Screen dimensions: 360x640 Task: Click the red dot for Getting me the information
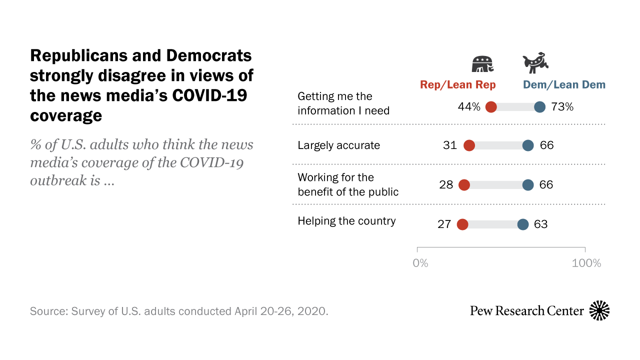(491, 106)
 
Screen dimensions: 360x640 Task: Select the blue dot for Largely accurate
(528, 145)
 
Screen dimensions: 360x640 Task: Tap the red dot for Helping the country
(462, 224)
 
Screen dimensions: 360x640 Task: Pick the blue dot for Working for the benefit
(528, 185)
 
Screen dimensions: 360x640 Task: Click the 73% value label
(562, 106)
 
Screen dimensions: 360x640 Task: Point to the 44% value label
(468, 106)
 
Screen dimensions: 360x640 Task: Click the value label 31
(450, 145)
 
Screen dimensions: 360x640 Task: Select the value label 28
(446, 185)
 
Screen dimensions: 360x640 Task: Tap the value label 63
(541, 224)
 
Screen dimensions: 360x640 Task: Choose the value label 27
(444, 224)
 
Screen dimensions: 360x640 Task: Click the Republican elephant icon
(483, 64)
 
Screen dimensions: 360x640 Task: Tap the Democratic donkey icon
(536, 63)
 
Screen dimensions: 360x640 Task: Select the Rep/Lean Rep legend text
(458, 85)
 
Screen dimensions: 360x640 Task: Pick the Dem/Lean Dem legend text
(564, 85)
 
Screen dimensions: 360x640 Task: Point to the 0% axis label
(420, 263)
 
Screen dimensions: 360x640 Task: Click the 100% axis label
(586, 263)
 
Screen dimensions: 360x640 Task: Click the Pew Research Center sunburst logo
(599, 310)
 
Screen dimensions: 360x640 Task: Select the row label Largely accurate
(338, 145)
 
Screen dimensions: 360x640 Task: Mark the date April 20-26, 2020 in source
(281, 311)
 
